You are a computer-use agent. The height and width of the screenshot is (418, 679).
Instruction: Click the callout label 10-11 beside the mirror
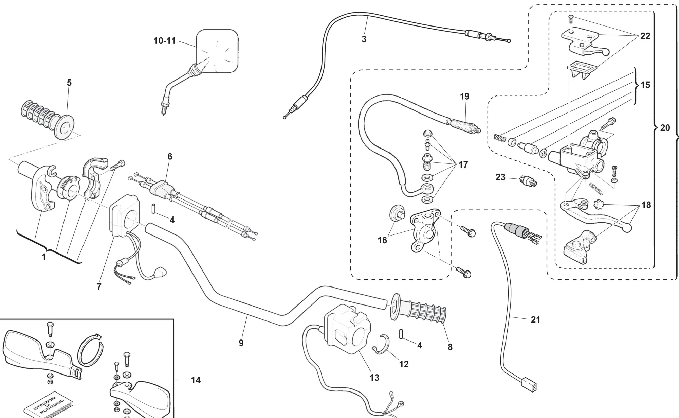coord(165,41)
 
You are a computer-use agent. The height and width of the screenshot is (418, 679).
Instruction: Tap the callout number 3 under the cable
coord(364,39)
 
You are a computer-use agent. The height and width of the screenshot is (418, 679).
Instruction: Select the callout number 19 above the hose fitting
coord(464,97)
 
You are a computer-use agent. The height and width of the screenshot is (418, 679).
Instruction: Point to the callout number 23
coord(500,177)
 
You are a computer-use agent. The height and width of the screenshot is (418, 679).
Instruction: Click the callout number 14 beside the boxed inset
coord(196,380)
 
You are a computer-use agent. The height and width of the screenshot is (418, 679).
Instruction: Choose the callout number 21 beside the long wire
coord(535,319)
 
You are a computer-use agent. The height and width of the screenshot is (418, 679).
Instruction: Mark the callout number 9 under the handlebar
coord(241,343)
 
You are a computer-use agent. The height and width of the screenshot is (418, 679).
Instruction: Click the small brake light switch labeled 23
coord(528,181)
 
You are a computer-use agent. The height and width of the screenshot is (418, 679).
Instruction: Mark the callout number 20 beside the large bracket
coord(665,128)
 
